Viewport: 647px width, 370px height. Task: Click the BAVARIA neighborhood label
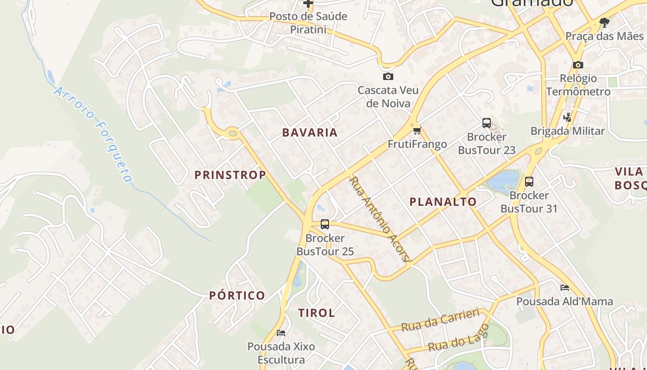[310, 132]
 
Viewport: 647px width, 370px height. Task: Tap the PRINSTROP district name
[230, 175]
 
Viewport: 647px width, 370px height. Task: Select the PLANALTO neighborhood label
[443, 202]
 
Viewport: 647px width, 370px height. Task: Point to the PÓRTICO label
[237, 296]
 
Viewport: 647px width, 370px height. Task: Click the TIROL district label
[317, 313]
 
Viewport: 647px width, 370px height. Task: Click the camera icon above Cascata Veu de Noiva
[388, 76]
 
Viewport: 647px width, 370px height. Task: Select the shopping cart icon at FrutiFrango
[417, 130]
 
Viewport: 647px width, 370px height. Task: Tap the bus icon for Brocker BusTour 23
[487, 123]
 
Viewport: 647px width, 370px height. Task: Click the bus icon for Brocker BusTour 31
[529, 182]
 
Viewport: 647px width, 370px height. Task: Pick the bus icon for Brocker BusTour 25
[325, 224]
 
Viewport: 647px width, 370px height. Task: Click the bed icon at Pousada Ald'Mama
[564, 288]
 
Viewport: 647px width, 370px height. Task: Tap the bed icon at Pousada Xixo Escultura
[281, 333]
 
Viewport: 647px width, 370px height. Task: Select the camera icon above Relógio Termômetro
[578, 65]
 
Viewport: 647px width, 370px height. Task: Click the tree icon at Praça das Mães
[604, 22]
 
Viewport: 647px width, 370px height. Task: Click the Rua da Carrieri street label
[440, 320]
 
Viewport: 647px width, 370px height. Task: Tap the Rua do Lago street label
[458, 339]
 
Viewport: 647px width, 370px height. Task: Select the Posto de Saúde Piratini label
[308, 23]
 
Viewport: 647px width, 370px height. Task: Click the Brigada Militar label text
[568, 131]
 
